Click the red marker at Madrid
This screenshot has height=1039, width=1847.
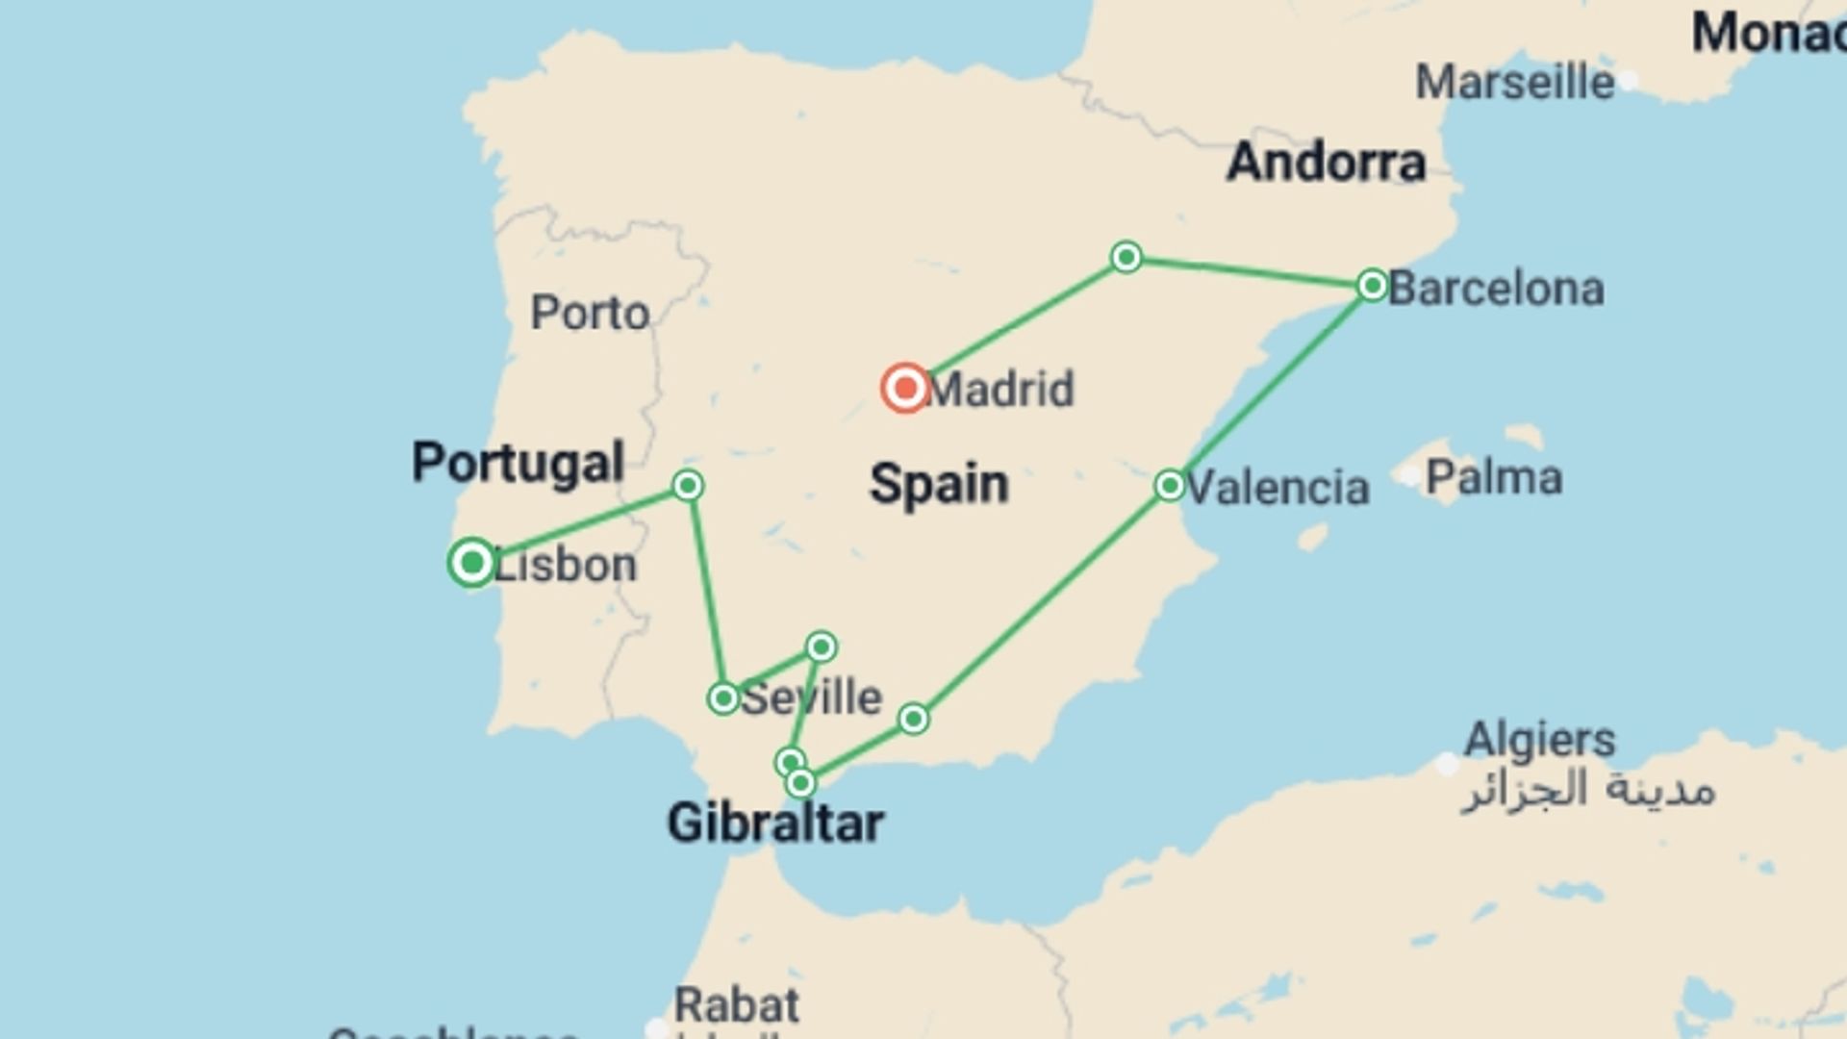(904, 389)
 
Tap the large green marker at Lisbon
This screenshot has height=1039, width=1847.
(471, 562)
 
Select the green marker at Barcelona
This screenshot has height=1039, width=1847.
(1372, 285)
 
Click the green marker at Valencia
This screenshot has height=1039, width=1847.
(1169, 485)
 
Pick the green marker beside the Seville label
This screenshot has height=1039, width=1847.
(722, 697)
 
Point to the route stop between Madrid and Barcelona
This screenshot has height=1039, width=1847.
(1126, 257)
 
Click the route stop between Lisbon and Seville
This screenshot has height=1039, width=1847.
(687, 485)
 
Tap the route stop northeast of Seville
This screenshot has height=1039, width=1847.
(821, 646)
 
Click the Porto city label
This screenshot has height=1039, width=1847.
(590, 313)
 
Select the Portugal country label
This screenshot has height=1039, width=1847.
(519, 464)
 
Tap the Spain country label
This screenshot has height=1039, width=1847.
(939, 484)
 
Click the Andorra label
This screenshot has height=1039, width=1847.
(1326, 162)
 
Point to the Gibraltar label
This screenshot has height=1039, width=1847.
(775, 824)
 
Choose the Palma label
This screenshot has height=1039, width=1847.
(1493, 478)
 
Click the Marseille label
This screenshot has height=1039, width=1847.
(1514, 83)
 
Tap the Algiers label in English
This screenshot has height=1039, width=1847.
(1539, 740)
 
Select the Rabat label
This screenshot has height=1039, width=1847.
(736, 1006)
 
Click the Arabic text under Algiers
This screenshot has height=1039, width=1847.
(1587, 791)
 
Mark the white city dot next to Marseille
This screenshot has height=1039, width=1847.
(1628, 80)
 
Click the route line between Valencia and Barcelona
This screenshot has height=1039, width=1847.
(1270, 385)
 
